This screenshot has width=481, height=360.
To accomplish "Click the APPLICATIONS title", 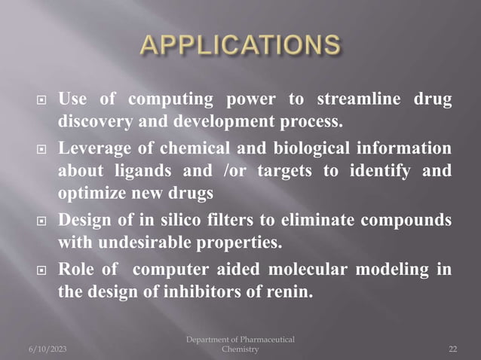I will click(240, 46).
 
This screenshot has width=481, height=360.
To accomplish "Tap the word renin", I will click(290, 293).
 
